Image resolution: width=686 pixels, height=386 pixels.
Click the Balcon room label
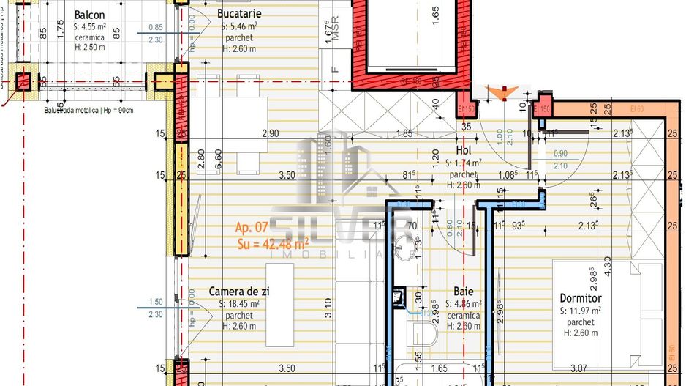point(90,14)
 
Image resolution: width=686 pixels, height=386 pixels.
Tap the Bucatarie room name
point(240,13)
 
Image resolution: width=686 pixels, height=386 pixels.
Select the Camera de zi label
point(239,292)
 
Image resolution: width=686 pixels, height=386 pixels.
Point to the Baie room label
point(464,292)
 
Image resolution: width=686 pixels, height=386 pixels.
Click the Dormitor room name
point(580,298)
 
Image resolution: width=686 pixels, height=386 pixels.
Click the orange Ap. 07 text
point(252,228)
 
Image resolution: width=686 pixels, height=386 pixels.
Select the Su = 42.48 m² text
point(272,242)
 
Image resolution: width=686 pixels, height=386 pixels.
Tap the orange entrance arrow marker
point(502,92)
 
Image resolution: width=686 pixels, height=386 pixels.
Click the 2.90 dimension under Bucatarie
point(271,133)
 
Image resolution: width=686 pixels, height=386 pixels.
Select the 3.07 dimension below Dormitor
point(579,368)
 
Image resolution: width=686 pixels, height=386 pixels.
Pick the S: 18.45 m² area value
point(239,303)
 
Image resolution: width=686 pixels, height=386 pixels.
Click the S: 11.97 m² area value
point(580,311)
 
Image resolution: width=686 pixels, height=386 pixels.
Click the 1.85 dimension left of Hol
point(404,133)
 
